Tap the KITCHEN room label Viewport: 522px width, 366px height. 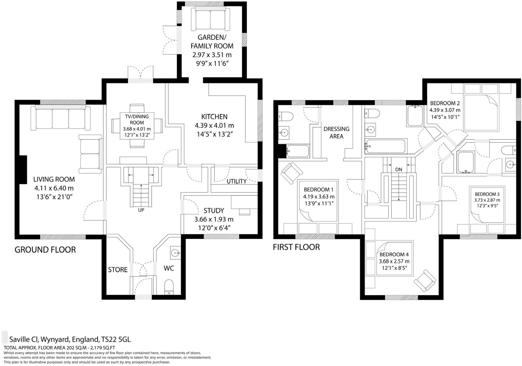pyautogui.click(x=214, y=117)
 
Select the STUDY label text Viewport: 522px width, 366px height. pyautogui.click(x=214, y=210)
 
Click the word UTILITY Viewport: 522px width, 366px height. pyautogui.click(x=236, y=181)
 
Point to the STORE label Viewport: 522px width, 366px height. pyautogui.click(x=118, y=270)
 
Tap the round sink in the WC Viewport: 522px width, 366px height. pyautogui.click(x=175, y=253)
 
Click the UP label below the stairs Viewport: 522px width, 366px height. pyautogui.click(x=141, y=210)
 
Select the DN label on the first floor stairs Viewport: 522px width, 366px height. pyautogui.click(x=399, y=169)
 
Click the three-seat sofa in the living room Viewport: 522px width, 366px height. pyautogui.click(x=60, y=118)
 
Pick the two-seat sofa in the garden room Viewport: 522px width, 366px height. pyautogui.click(x=210, y=20)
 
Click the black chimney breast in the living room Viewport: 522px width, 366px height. pyautogui.click(x=23, y=170)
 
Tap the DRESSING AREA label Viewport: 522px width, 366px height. pyautogui.click(x=336, y=132)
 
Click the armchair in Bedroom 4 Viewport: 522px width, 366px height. pyautogui.click(x=425, y=281)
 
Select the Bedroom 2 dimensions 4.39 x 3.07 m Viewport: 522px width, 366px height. pyautogui.click(x=445, y=110)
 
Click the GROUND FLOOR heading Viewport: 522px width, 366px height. pyautogui.click(x=45, y=250)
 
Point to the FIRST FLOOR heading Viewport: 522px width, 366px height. pyautogui.click(x=296, y=247)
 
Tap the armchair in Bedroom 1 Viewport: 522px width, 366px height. pyautogui.click(x=292, y=173)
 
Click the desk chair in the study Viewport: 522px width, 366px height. pyautogui.click(x=244, y=212)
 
